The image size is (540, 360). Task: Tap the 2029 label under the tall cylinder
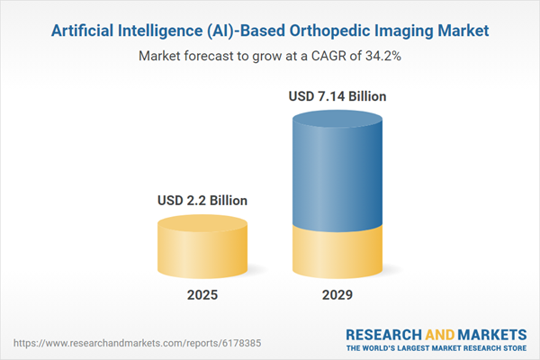click(337, 295)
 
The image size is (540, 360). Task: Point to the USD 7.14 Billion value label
click(337, 95)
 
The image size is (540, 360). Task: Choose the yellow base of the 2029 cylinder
click(337, 252)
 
